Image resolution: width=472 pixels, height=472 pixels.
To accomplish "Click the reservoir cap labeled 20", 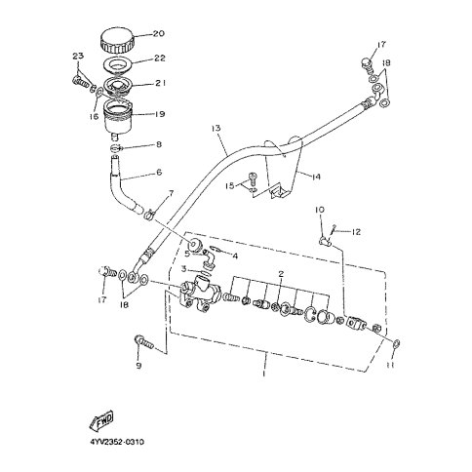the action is [117, 41].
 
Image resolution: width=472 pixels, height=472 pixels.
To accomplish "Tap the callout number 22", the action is [159, 59].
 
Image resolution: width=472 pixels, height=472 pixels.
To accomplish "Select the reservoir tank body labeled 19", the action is [118, 117].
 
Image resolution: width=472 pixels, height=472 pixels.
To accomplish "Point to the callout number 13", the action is [216, 128].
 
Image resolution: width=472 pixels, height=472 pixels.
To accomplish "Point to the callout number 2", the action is [281, 273].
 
